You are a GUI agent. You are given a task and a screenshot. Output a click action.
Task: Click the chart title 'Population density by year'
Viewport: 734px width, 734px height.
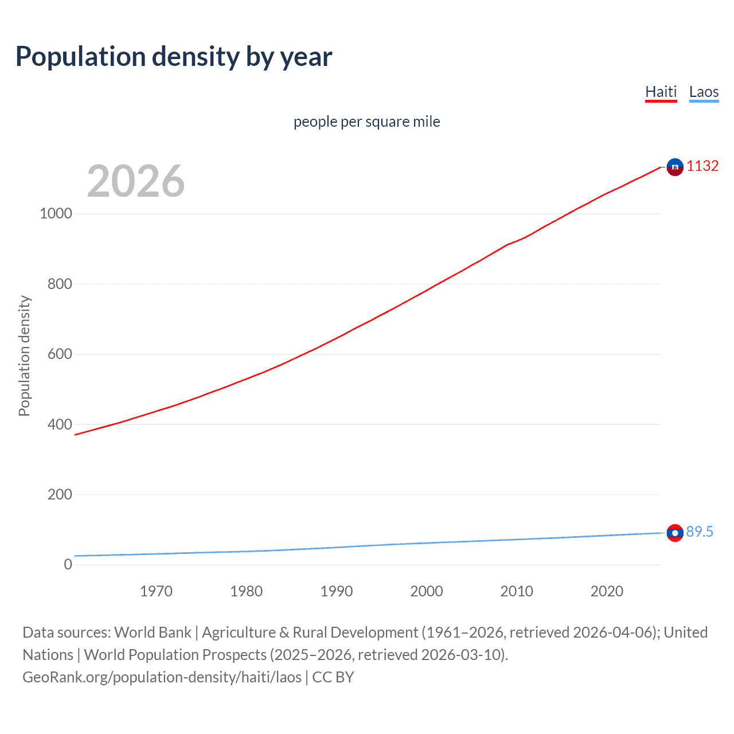174,57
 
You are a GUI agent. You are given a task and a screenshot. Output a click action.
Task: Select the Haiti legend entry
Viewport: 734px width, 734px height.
661,92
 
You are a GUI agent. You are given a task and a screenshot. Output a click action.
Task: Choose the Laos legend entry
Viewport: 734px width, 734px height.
704,92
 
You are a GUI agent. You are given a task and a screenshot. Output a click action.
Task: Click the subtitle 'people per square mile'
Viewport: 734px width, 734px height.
366,122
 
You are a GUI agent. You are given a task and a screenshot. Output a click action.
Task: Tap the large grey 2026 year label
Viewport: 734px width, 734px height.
136,181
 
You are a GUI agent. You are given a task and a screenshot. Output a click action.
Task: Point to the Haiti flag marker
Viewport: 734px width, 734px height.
675,167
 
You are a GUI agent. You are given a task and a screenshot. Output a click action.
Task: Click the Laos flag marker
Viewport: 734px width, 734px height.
675,533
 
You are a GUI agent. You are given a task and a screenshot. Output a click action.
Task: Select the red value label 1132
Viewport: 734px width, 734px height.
702,166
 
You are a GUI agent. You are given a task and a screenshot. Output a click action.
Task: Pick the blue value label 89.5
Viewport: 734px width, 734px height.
700,532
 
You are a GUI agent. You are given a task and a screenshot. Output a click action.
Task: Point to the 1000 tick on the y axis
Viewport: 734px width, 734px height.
56,213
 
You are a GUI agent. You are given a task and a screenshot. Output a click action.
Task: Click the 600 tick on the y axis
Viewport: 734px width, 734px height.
60,354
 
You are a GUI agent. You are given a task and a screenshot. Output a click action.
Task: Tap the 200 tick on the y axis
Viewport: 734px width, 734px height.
60,494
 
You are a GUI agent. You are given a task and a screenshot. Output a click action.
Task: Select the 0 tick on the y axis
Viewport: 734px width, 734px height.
68,564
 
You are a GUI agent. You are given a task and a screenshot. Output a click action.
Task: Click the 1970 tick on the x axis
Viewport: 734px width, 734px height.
156,591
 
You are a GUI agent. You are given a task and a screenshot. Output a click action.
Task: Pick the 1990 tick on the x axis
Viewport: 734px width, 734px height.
337,591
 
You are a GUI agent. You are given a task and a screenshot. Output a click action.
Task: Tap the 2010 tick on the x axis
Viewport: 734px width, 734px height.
517,591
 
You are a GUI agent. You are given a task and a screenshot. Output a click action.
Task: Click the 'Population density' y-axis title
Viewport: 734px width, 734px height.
24,356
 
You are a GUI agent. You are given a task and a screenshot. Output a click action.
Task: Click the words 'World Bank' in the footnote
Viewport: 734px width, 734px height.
153,633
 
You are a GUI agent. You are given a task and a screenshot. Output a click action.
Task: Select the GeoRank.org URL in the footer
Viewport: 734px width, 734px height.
162,677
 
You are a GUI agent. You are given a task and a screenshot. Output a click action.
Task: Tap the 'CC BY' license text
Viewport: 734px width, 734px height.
333,677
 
